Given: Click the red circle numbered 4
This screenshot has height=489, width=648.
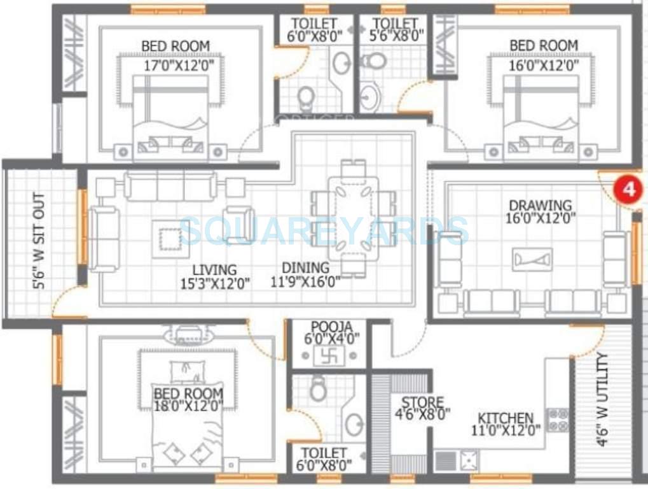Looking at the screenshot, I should click(x=628, y=190).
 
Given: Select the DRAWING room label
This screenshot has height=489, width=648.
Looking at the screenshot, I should click(x=540, y=206).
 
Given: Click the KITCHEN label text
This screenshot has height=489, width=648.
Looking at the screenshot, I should click(x=506, y=418).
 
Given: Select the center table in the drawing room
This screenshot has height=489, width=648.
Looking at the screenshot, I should click(x=532, y=259).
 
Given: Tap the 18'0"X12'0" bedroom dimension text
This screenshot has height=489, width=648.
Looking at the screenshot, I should click(x=188, y=407).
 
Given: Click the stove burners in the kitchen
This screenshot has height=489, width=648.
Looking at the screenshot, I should click(x=558, y=420).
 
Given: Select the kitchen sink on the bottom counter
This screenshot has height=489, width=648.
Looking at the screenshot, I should click(x=469, y=460).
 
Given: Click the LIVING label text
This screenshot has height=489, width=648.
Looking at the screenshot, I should click(x=216, y=270).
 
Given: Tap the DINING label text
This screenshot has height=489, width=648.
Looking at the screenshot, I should click(x=306, y=268).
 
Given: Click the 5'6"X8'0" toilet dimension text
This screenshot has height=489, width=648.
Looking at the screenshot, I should click(x=397, y=36).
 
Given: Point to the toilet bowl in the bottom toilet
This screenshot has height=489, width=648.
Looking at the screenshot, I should click(x=318, y=388).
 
